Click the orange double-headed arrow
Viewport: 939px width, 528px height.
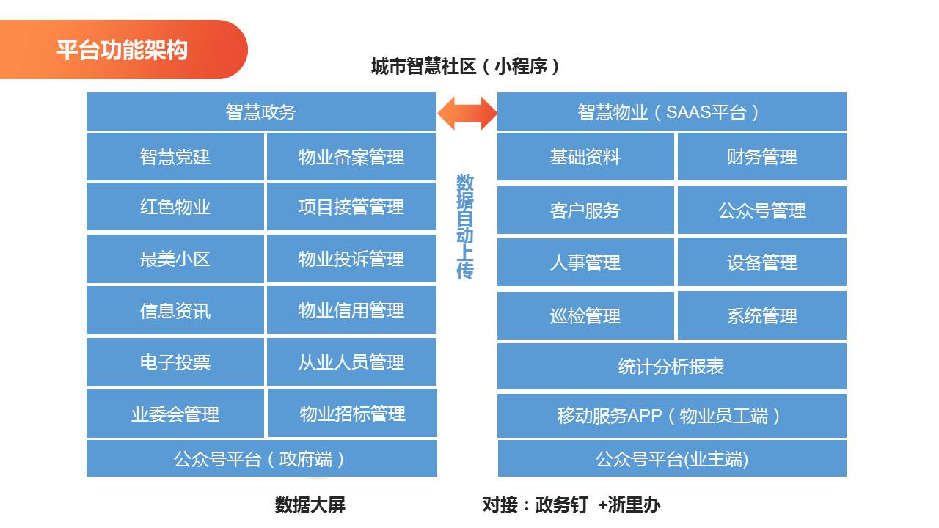click(467, 113)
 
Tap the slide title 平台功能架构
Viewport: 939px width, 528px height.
click(122, 50)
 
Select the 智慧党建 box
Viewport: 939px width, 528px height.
click(175, 157)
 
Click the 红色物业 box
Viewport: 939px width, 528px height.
click(175, 207)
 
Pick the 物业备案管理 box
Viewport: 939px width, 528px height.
click(351, 157)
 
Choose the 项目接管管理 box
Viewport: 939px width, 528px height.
click(351, 207)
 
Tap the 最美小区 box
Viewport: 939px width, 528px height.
click(175, 259)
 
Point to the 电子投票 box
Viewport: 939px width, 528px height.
click(175, 362)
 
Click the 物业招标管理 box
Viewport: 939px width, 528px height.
click(353, 414)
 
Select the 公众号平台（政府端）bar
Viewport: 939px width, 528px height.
click(261, 459)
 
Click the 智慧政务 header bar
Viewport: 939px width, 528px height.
click(261, 111)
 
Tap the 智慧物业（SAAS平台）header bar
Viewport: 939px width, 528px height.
click(671, 111)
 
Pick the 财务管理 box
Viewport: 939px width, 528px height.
click(761, 157)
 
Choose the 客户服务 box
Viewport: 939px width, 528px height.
click(585, 210)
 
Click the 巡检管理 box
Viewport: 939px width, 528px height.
click(585, 316)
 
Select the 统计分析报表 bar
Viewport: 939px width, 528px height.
click(671, 367)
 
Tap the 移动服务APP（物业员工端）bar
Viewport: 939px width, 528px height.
click(671, 416)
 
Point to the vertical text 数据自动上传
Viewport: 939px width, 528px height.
click(465, 227)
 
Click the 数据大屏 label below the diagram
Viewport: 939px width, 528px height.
click(310, 505)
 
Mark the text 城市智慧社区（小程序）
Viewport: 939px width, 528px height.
click(467, 67)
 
